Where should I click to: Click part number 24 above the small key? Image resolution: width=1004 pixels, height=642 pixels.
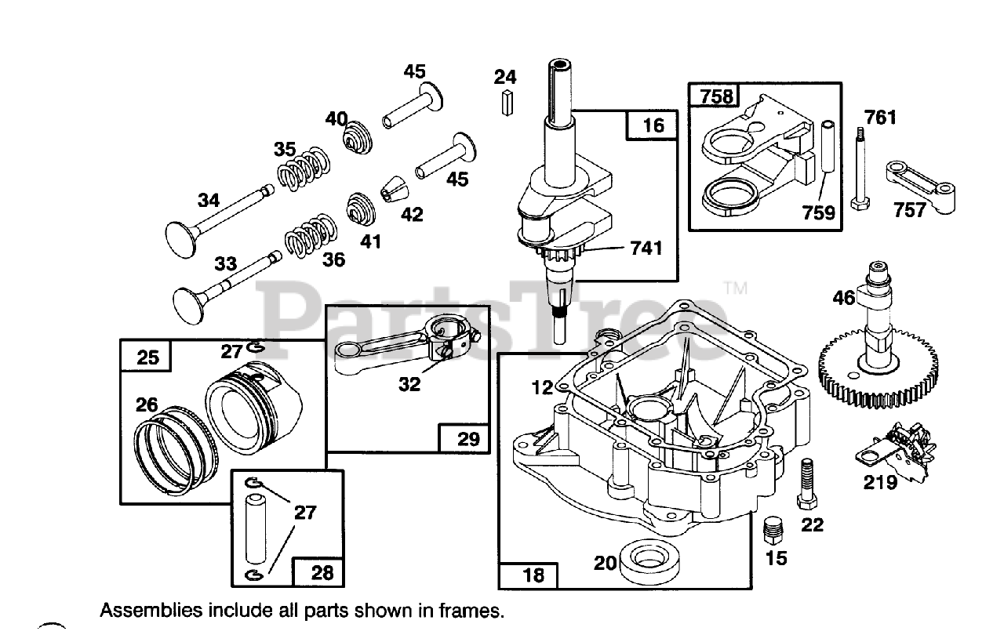click(505, 77)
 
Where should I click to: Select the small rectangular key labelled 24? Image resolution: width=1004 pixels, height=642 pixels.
click(507, 103)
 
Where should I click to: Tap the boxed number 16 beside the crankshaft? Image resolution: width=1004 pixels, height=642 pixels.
click(653, 126)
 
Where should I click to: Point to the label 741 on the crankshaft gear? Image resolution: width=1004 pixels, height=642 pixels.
click(646, 248)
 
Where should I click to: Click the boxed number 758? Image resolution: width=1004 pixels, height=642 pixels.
click(716, 96)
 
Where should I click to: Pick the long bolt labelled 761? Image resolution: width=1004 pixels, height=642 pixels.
click(860, 169)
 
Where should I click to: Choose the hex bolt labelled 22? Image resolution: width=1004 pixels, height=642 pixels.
click(807, 484)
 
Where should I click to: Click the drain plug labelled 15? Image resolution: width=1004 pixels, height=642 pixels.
click(773, 531)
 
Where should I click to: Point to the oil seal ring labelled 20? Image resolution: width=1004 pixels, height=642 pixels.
click(649, 562)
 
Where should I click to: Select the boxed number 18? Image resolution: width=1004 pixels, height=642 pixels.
click(533, 575)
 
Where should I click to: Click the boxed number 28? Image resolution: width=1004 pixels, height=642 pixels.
click(322, 573)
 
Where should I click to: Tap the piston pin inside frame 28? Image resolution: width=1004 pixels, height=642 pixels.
click(256, 528)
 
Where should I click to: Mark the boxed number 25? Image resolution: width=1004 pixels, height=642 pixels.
click(147, 357)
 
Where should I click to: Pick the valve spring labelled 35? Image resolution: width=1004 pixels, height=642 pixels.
click(303, 168)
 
